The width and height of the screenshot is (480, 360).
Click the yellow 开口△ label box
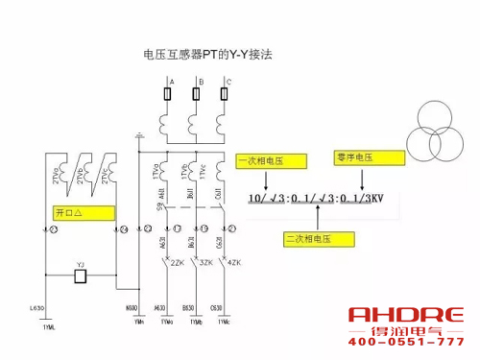click(67, 210)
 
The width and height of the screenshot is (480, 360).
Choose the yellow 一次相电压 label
click(262, 162)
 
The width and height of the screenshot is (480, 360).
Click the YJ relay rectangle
click(82, 276)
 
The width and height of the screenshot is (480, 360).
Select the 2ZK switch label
click(177, 262)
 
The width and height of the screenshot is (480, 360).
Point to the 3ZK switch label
click(204, 262)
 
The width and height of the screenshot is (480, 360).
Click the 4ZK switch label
click(234, 262)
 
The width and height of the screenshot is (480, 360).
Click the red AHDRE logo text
click(405, 316)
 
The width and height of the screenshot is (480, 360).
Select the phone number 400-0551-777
click(405, 343)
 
